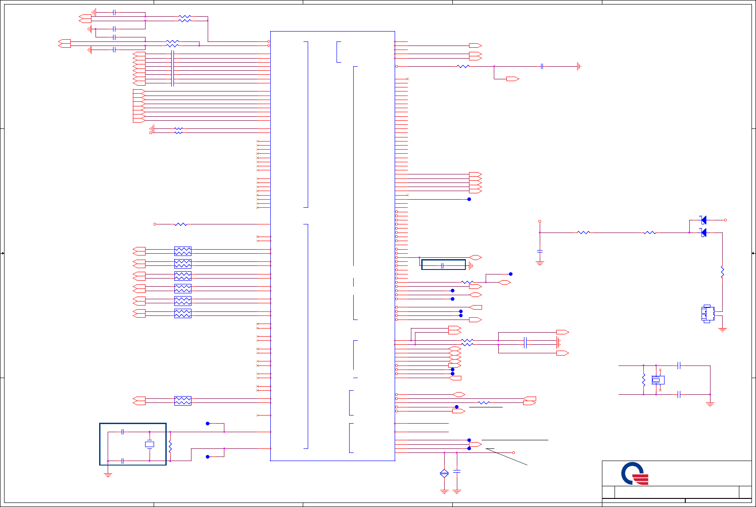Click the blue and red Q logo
tap(634, 473)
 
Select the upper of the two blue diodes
tap(704, 220)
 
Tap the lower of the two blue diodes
tap(704, 233)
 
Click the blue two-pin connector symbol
tap(707, 314)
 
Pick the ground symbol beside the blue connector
tap(723, 329)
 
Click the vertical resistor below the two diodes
tap(722, 272)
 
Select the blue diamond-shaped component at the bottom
tap(444, 473)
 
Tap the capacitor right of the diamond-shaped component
tap(457, 471)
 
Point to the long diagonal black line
tap(506, 457)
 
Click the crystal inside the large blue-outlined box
tap(150, 444)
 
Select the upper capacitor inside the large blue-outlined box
tap(123, 432)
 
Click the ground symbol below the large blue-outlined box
tap(108, 475)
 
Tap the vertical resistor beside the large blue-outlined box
tap(170, 447)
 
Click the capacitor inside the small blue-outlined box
tap(443, 266)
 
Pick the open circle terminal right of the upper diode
tap(725, 220)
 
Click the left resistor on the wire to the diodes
tap(583, 233)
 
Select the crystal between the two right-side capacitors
tap(656, 380)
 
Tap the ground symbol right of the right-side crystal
tap(710, 404)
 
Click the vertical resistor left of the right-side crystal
tap(644, 380)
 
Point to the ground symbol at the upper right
tap(579, 66)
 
